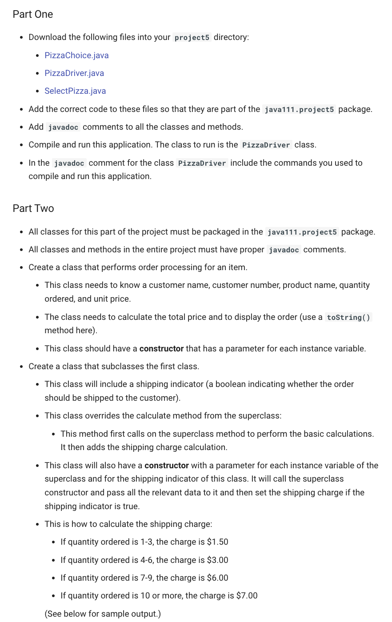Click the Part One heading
coord(33,14)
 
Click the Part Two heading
coord(33,208)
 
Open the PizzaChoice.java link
coord(76,56)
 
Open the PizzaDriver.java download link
coord(74,73)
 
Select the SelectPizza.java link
coord(75,91)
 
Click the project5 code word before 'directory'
coord(192,38)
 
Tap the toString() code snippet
coord(348,318)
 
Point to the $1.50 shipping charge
coord(217,542)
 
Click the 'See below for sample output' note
coord(103,614)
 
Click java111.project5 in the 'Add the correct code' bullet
coord(299,110)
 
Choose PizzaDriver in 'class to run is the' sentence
coord(266,145)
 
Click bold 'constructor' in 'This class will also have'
coord(167,466)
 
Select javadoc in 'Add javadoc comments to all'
coord(63,128)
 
